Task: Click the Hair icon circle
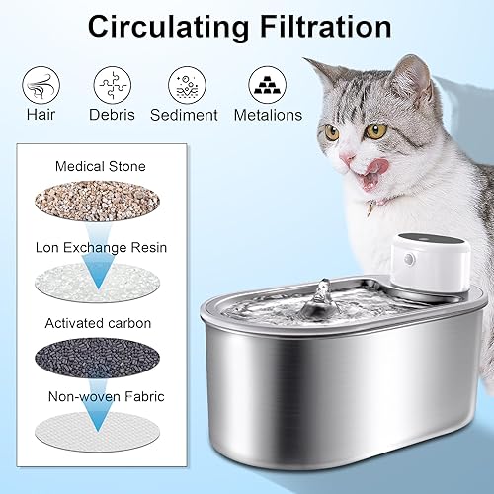pyautogui.click(x=39, y=81)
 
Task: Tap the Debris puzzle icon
pyautogui.click(x=111, y=81)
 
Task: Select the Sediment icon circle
pyautogui.click(x=184, y=81)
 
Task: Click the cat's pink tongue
pyautogui.click(x=372, y=177)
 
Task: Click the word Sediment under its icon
pyautogui.click(x=184, y=115)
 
